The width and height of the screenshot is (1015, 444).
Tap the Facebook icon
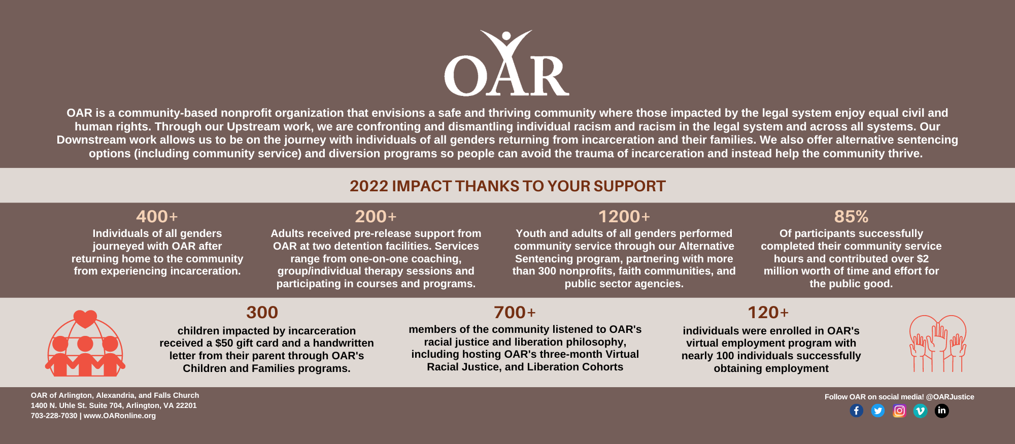click(x=856, y=411)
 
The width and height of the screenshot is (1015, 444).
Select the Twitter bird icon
click(x=877, y=411)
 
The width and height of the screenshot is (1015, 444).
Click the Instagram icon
click(x=899, y=411)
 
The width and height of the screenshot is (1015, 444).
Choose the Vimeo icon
click(x=920, y=411)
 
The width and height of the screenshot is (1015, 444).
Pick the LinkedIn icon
click(x=941, y=411)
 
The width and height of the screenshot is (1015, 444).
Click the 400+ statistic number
click(x=157, y=217)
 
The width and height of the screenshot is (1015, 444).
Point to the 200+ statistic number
click(x=376, y=217)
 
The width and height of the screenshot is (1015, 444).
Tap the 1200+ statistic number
click(x=624, y=217)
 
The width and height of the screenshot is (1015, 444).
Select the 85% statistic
click(x=851, y=217)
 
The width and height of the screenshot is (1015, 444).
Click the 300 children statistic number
click(x=262, y=313)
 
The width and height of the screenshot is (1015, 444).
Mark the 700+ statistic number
click(x=515, y=313)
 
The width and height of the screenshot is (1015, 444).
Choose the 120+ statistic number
click(x=768, y=313)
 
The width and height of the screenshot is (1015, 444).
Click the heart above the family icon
click(x=85, y=319)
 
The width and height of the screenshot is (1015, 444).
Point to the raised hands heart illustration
click(x=937, y=344)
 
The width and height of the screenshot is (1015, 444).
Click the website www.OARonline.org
click(x=120, y=416)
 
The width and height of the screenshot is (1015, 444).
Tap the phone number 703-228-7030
click(x=54, y=416)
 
